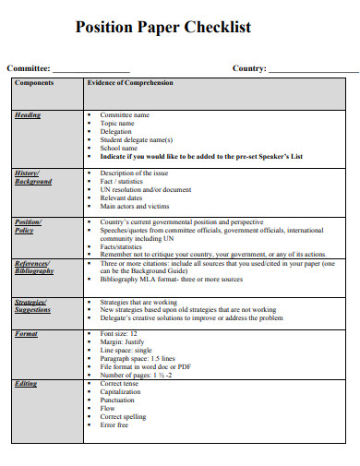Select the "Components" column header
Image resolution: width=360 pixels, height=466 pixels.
click(34, 83)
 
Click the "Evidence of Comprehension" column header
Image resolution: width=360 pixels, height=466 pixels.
click(129, 83)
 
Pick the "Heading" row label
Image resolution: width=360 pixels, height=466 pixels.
click(28, 115)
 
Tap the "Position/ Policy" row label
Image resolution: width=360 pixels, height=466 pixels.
click(26, 227)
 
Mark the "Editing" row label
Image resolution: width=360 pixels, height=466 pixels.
click(26, 384)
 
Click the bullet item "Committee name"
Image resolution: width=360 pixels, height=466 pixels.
click(125, 115)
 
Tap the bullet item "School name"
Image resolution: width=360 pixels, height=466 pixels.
click(119, 148)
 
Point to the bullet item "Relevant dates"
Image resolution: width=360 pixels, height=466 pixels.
click(122, 197)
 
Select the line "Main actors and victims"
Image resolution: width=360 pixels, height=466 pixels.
click(136, 206)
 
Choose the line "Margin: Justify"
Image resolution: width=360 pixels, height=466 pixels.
click(124, 341)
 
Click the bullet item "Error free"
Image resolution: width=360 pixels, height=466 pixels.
click(116, 426)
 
